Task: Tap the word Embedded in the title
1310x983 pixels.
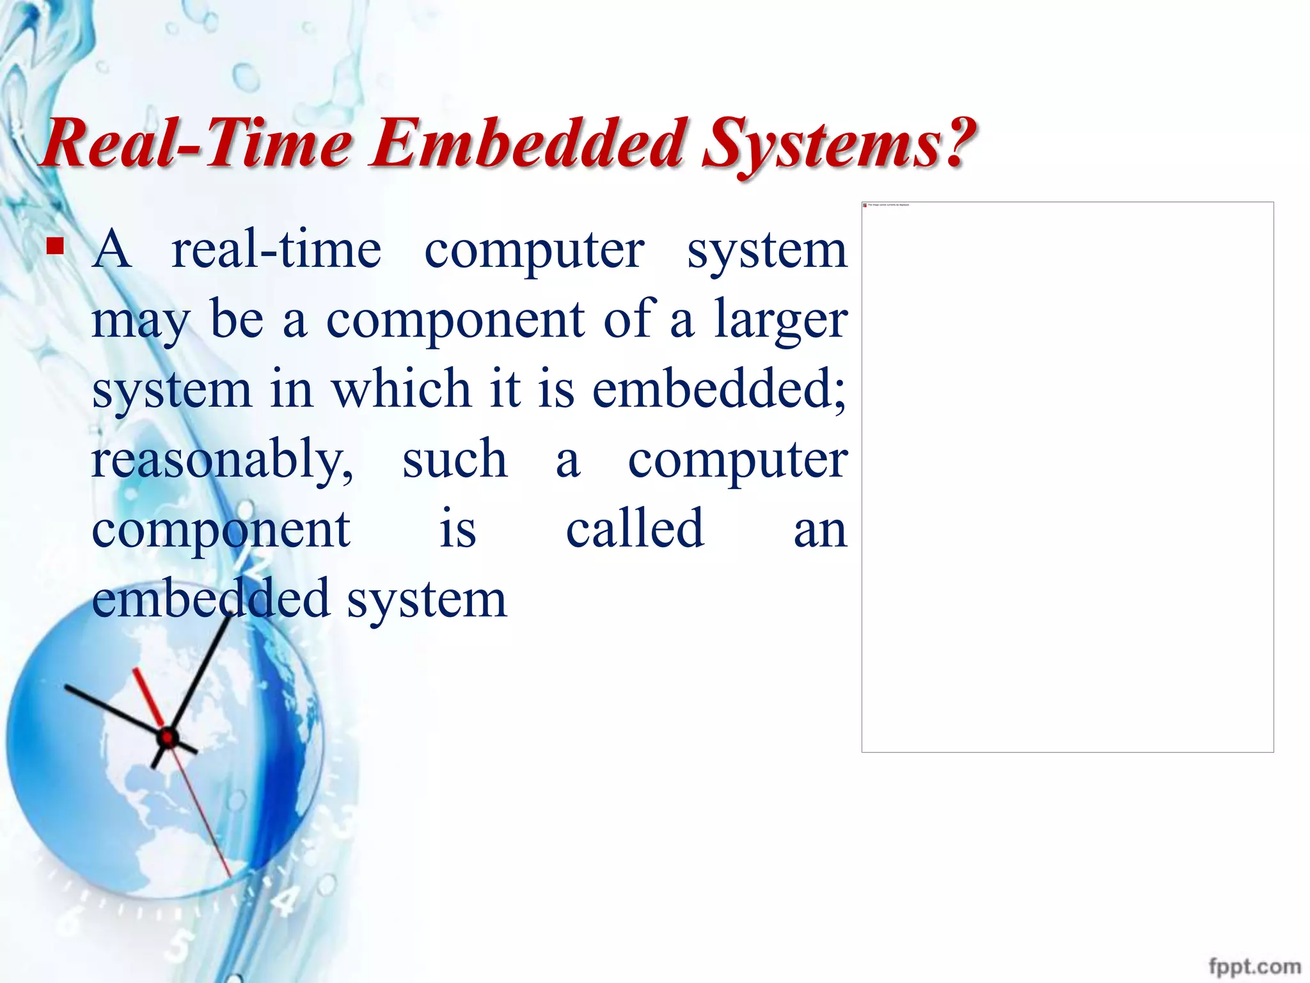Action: tap(528, 143)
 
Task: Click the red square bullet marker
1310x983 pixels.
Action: tap(56, 246)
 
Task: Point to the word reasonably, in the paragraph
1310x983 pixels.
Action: tap(221, 460)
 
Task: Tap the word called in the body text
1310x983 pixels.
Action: tap(635, 529)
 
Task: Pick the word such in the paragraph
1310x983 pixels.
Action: tap(454, 459)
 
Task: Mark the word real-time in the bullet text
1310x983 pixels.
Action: tap(276, 250)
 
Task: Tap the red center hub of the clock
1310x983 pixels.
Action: tap(168, 738)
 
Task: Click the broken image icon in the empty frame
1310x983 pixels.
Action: tap(865, 205)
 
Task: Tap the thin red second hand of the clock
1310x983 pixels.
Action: tap(205, 819)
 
